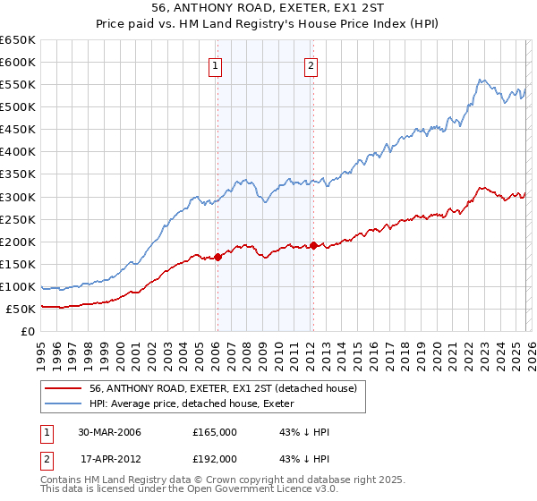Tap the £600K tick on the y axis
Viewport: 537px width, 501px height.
click(18, 62)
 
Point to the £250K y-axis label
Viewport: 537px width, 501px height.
click(18, 219)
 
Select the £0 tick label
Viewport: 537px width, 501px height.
click(28, 331)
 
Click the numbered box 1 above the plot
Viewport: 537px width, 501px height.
click(217, 64)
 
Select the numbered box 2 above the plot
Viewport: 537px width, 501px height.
click(311, 64)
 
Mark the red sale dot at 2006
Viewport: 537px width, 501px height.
click(217, 257)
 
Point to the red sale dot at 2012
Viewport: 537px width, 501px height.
click(313, 245)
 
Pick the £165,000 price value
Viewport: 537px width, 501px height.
click(215, 432)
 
